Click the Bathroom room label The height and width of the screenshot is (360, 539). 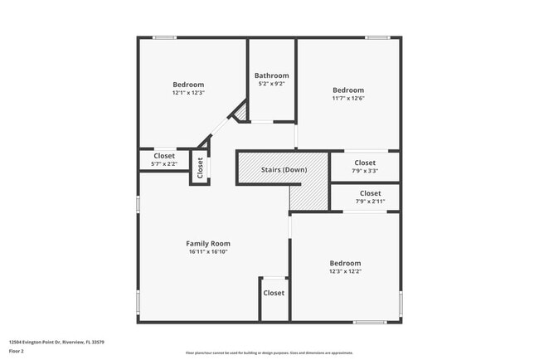[271, 75]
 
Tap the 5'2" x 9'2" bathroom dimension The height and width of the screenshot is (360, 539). [271, 84]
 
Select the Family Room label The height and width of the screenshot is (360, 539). [207, 243]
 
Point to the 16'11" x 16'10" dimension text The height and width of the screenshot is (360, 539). [207, 251]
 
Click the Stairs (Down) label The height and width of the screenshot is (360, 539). [284, 170]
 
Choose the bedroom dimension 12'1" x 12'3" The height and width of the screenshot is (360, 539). [188, 93]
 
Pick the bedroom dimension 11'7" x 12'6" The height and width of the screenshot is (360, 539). [348, 98]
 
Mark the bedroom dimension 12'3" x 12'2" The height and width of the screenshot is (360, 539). [345, 271]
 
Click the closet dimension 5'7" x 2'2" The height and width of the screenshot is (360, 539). [164, 164]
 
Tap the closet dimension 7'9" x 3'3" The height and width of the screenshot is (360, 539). [365, 171]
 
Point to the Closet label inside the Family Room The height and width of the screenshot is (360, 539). [274, 293]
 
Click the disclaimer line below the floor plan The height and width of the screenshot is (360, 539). [269, 352]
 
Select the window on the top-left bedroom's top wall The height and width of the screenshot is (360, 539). [164, 37]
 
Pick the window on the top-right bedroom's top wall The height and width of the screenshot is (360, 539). [377, 37]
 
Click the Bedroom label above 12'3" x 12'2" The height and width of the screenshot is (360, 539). [345, 263]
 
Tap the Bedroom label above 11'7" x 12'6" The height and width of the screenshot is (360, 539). [348, 90]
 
